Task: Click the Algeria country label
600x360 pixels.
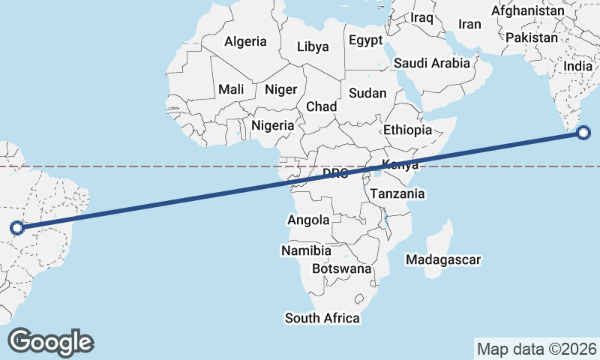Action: tap(245, 40)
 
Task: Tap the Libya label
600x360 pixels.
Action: tap(313, 46)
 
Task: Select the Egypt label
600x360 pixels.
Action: tap(366, 40)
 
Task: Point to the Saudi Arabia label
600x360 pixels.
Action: tap(432, 63)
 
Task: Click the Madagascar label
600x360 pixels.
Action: tap(442, 259)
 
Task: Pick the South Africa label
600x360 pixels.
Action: tap(322, 318)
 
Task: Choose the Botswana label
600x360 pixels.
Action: tap(341, 268)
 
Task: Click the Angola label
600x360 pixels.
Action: tap(308, 220)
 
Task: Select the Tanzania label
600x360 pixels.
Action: tap(397, 193)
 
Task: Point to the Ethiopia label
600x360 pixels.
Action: tap(407, 130)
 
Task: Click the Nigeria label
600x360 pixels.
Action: tap(273, 125)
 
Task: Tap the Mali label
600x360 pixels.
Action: tap(231, 89)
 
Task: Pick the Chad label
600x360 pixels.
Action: tap(321, 106)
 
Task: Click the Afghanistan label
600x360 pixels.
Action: tap(527, 11)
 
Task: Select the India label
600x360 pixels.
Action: tap(577, 66)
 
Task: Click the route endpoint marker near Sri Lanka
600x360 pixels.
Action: tap(584, 133)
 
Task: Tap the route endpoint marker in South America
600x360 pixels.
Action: tap(17, 227)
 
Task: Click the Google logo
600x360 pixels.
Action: tap(51, 342)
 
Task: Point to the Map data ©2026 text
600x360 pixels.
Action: tap(537, 349)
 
